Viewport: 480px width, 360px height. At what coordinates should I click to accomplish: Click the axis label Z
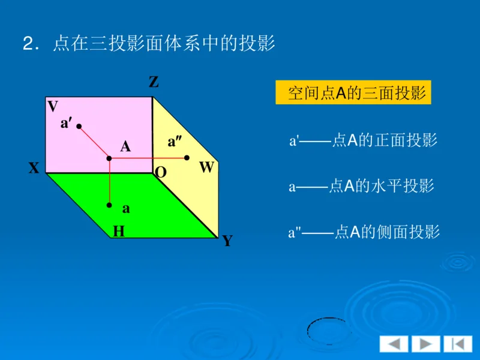coord(154,83)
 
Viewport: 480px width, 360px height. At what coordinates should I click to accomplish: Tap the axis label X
coord(34,169)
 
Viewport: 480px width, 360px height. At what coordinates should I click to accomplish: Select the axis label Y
coord(227,241)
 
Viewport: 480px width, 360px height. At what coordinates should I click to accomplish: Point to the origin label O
coord(161,173)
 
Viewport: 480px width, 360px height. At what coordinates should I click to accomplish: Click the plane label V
coord(53,107)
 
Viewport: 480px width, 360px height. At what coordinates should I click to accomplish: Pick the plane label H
coord(119,231)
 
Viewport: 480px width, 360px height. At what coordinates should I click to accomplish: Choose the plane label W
coord(206,168)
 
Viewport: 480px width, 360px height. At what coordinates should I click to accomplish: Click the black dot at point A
coord(109,158)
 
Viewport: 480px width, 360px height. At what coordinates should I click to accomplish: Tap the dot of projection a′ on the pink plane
coord(79,127)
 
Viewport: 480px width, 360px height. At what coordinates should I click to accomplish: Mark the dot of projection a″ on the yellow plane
coord(187,158)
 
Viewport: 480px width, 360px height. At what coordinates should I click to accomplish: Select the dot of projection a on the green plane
coord(109,205)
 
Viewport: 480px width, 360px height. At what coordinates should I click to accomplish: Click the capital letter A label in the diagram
coord(125,146)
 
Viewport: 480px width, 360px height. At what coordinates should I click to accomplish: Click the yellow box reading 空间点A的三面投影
coord(353,93)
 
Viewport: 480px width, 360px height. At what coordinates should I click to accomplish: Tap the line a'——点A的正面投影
coord(364,141)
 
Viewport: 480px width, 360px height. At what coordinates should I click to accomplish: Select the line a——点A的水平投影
coord(361,187)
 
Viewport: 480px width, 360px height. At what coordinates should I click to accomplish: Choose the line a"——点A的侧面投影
coord(364,232)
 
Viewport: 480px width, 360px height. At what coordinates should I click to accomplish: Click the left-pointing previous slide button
coord(394,344)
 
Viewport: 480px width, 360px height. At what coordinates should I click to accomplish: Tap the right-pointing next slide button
coord(425,344)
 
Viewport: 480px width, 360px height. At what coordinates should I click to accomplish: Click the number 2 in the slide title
coord(29,44)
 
